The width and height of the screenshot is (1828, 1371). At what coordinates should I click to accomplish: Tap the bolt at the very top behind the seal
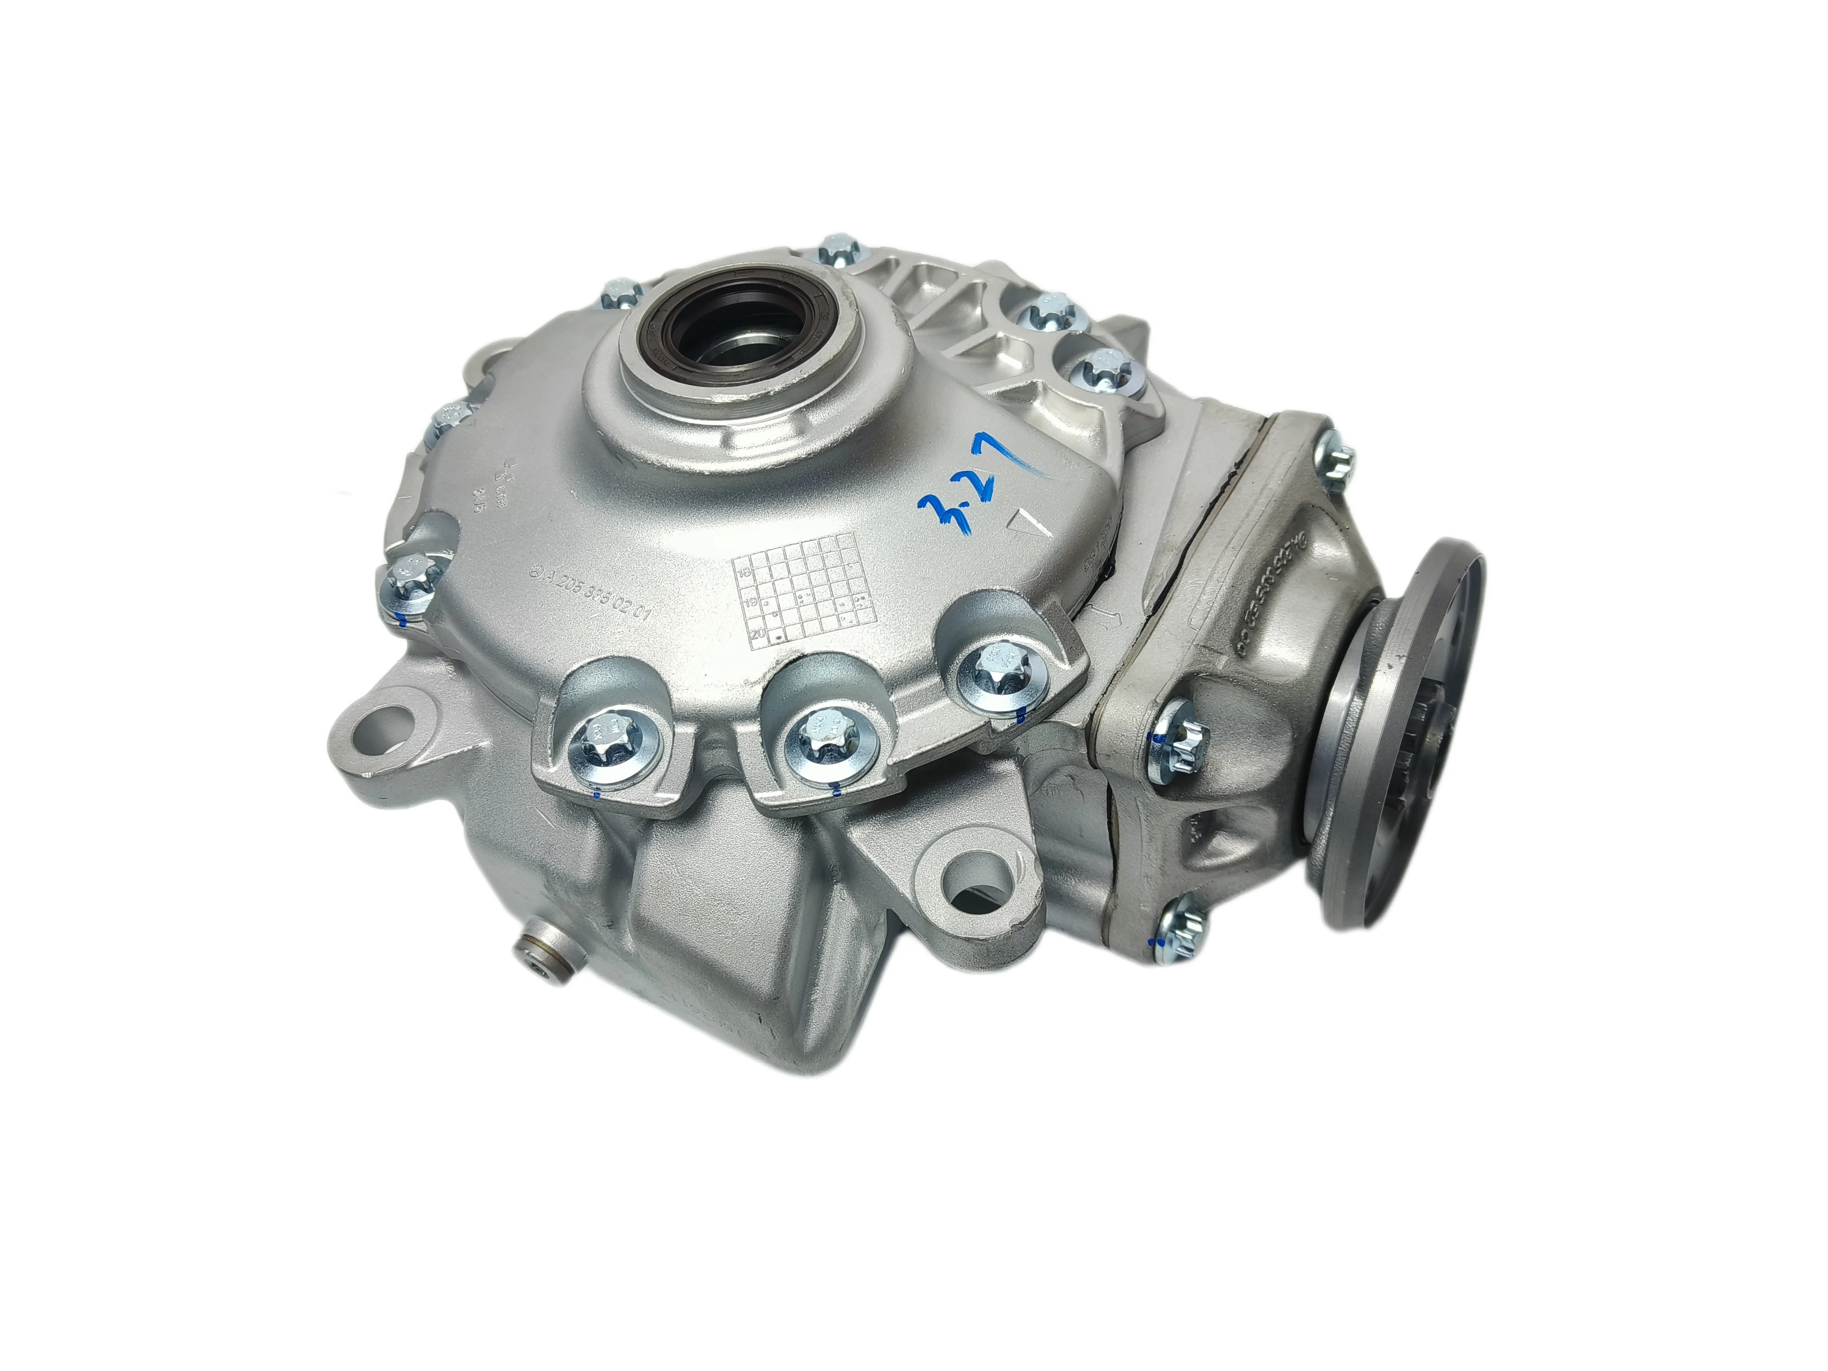tap(835, 249)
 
